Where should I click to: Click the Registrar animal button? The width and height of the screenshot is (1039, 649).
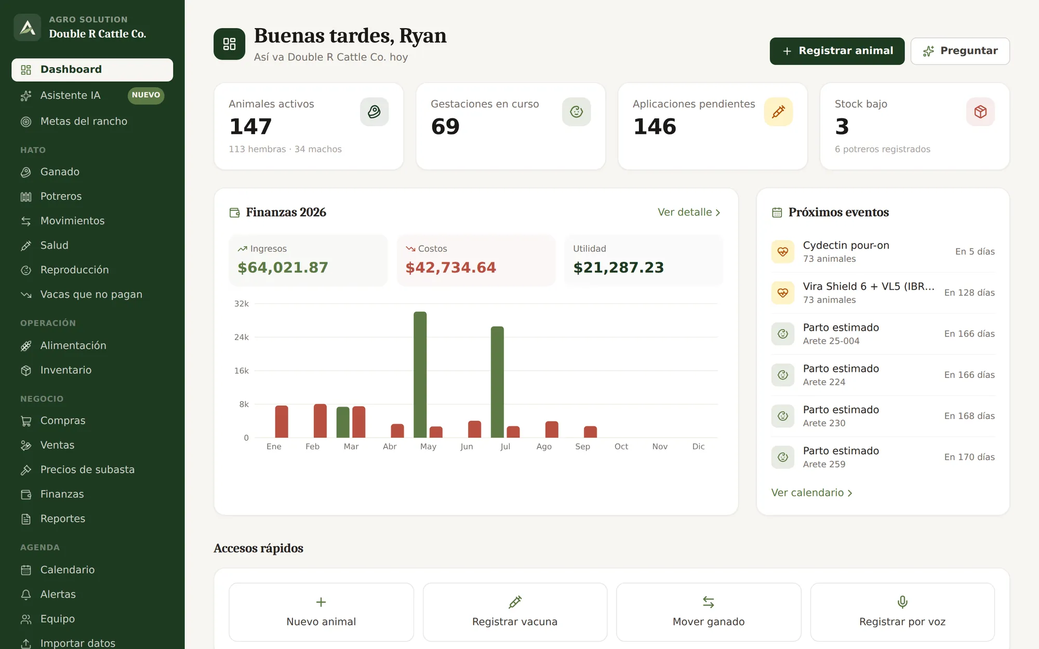coord(837,51)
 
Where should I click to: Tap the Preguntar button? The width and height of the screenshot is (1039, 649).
coord(960,51)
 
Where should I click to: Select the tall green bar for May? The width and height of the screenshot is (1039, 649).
coord(420,374)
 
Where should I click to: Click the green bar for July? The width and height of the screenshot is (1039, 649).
coord(497,382)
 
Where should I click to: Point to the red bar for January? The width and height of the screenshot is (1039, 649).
coord(282,422)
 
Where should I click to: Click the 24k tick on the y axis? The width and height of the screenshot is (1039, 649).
coord(242,337)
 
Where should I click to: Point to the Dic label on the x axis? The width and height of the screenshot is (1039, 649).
coord(698,447)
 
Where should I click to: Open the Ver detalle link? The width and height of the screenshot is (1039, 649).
coord(689,212)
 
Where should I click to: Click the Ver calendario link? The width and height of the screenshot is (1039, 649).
coord(811,493)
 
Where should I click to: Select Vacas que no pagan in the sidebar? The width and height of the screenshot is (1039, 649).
coord(91,294)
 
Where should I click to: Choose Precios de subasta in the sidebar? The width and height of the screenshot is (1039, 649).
coord(87,470)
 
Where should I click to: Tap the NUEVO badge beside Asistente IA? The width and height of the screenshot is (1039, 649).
coord(146,96)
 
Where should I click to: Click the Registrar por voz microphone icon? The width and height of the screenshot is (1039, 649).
coord(902,602)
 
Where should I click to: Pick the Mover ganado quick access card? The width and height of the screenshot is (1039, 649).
coord(709,612)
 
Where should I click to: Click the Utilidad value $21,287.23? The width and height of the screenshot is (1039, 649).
coord(618,267)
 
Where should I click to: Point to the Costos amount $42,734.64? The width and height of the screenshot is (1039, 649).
coord(450,267)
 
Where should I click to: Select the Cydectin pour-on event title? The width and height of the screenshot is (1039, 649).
coord(846,245)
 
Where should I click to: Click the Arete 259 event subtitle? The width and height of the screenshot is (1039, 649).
coord(824,464)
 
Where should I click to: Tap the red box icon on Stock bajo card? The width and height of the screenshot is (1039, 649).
coord(980,112)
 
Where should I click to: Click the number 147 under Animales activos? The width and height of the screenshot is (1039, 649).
coord(250,126)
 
